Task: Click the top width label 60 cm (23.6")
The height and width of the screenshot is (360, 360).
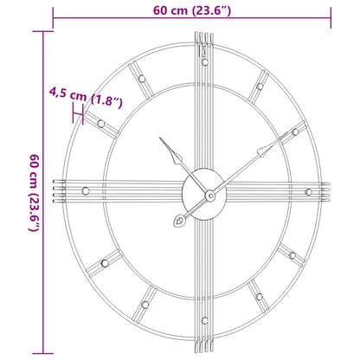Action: pyautogui.click(x=192, y=10)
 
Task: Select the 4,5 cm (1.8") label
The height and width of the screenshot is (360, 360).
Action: pyautogui.click(x=86, y=90)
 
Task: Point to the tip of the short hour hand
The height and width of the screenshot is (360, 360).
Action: pyautogui.click(x=162, y=138)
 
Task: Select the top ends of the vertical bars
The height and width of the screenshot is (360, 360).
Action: pyautogui.click(x=203, y=36)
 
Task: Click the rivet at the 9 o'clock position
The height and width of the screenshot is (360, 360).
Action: pyautogui.click(x=83, y=190)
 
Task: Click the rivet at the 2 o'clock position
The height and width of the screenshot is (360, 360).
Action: pyautogui.click(x=295, y=132)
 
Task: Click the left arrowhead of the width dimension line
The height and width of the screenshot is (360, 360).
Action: pyautogui.click(x=55, y=10)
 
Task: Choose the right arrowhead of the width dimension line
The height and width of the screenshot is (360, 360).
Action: pyautogui.click(x=330, y=10)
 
